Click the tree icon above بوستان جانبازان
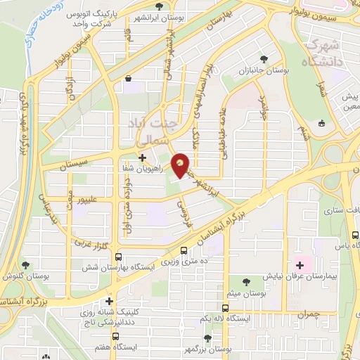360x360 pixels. point(264,60)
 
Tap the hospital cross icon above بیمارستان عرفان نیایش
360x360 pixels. point(301,265)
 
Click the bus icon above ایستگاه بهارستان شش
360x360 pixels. point(118,257)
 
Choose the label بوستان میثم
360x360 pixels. point(243,291)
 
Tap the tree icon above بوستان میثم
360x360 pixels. point(245,280)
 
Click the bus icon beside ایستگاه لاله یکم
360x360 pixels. point(225,308)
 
